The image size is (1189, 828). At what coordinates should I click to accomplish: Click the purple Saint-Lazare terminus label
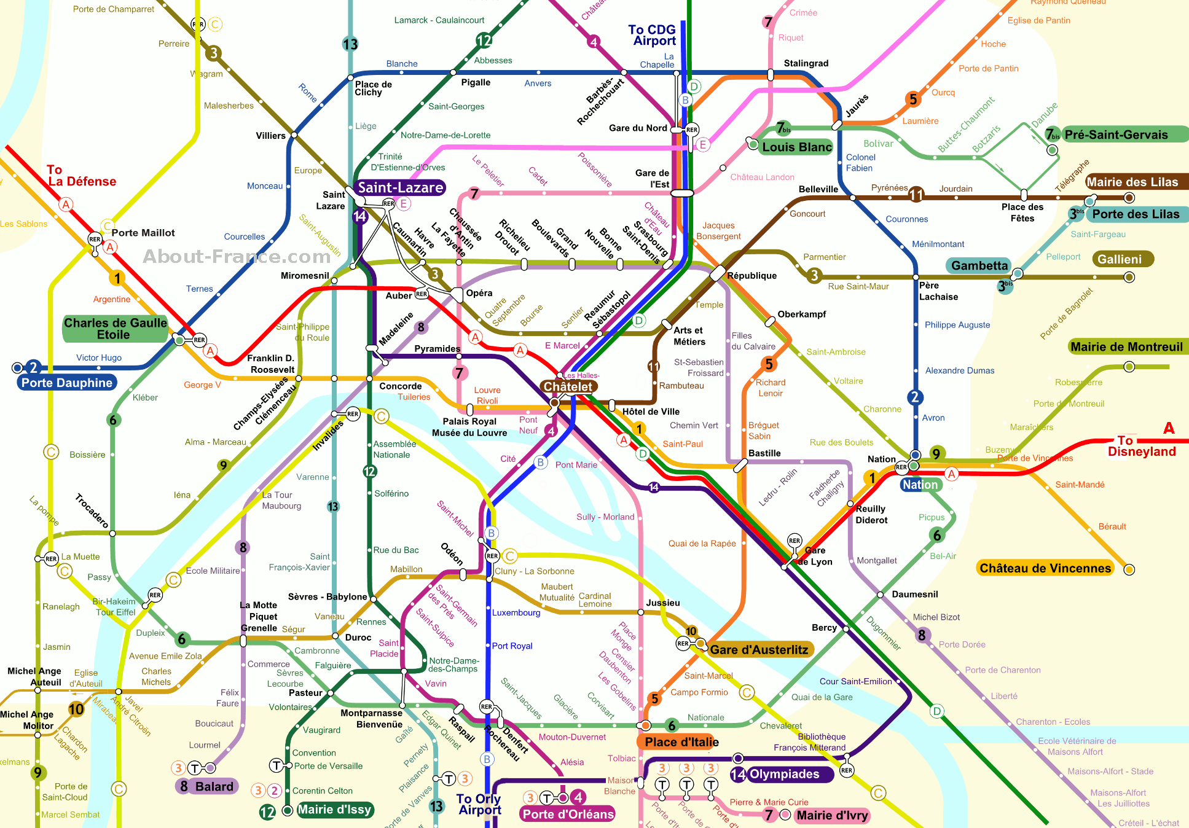pyautogui.click(x=400, y=187)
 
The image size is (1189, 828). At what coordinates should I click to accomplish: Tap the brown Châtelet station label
pyautogui.click(x=567, y=386)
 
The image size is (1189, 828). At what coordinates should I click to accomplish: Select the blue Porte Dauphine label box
pyautogui.click(x=67, y=383)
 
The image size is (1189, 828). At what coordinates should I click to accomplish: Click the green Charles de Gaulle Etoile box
pyautogui.click(x=115, y=329)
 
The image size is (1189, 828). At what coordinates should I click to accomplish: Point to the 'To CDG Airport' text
pyautogui.click(x=653, y=35)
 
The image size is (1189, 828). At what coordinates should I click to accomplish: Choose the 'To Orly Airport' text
pyautogui.click(x=479, y=804)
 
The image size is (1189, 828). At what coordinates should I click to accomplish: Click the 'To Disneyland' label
pyautogui.click(x=1141, y=446)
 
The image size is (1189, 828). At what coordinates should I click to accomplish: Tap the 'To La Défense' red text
pyautogui.click(x=81, y=176)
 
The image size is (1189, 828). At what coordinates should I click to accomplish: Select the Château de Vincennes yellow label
pyautogui.click(x=1045, y=568)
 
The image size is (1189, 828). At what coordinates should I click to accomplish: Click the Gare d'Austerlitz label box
pyautogui.click(x=759, y=650)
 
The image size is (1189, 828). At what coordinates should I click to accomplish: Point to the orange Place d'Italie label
pyautogui.click(x=681, y=742)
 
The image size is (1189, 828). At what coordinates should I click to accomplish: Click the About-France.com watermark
pyautogui.click(x=237, y=256)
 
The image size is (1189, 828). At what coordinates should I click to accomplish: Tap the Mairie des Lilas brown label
pyautogui.click(x=1132, y=182)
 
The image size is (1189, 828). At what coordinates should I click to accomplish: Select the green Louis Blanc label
pyautogui.click(x=796, y=147)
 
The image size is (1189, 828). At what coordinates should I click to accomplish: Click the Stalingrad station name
pyautogui.click(x=806, y=63)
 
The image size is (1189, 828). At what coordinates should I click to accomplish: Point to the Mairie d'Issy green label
pyautogui.click(x=334, y=810)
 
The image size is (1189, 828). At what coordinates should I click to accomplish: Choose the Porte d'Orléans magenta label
pyautogui.click(x=568, y=814)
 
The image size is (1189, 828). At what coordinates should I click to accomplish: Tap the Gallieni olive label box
pyautogui.click(x=1120, y=259)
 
